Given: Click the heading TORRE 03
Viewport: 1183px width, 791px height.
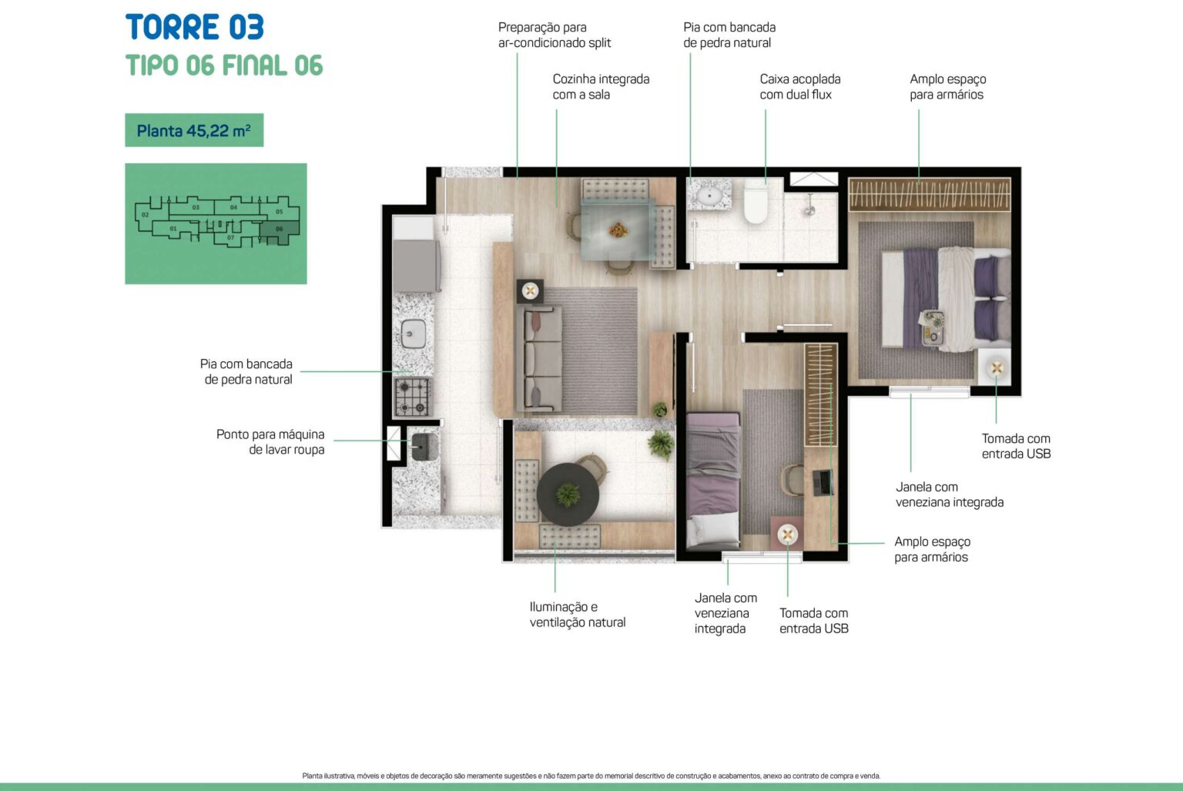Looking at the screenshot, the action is (x=194, y=27).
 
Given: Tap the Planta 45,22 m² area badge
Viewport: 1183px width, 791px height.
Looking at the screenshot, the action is (x=194, y=130).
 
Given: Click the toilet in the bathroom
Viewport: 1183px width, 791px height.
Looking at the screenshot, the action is (x=756, y=202).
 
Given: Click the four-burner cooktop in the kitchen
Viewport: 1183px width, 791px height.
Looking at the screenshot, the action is (x=413, y=397).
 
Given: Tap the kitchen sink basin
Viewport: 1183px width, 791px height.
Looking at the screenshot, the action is (x=413, y=333).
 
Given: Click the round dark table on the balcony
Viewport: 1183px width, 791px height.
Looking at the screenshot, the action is (x=568, y=494).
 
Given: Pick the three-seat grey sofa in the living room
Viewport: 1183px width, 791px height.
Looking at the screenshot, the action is (x=539, y=359).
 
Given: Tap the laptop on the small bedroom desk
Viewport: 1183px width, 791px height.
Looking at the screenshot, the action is (x=823, y=483).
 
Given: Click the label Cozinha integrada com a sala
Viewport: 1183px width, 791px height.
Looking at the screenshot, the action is (x=601, y=86).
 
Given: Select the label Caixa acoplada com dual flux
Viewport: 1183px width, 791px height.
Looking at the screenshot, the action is (x=800, y=86).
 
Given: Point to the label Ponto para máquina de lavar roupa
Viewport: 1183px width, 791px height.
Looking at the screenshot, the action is (x=270, y=442).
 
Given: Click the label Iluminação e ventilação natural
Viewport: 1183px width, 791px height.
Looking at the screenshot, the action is (x=577, y=615).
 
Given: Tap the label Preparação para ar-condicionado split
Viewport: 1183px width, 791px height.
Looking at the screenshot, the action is (x=555, y=35).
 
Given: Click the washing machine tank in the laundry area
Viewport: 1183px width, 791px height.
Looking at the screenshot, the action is (x=424, y=446).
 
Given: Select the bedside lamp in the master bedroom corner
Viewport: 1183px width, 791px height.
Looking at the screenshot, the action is (x=996, y=368).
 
